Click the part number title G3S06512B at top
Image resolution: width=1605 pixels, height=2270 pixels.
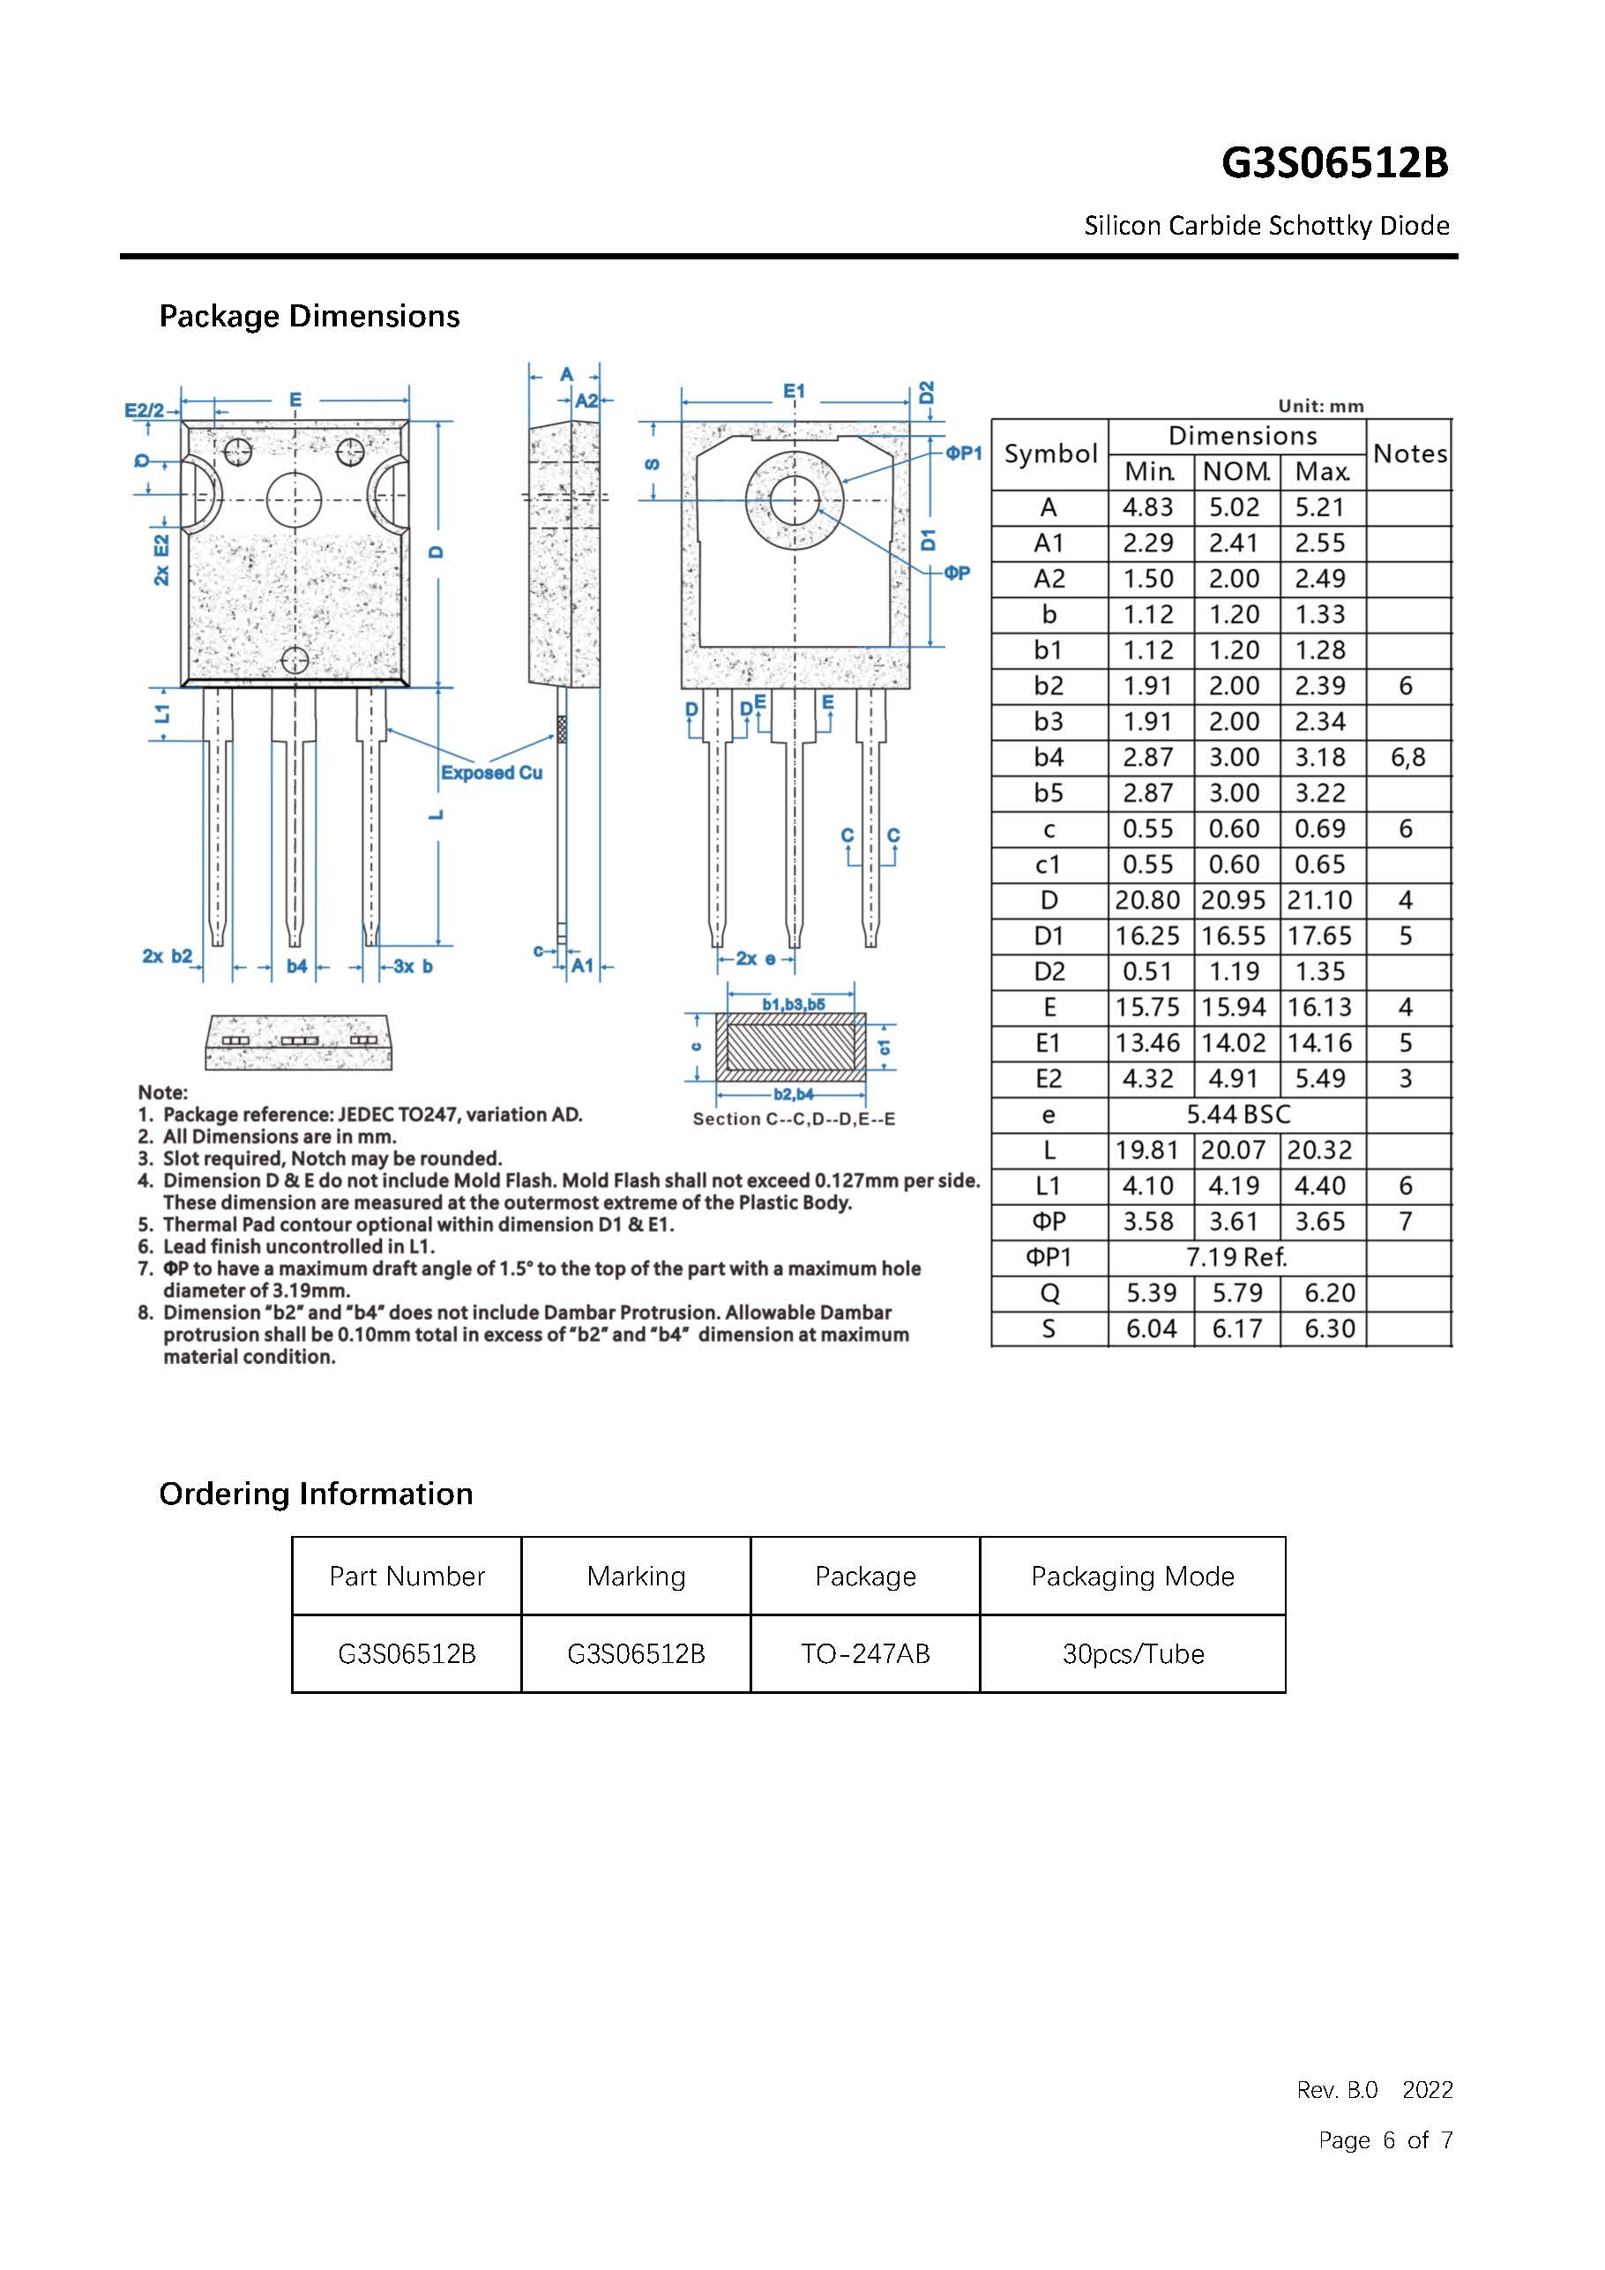(x=1334, y=163)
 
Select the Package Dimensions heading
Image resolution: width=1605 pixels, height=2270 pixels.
(x=310, y=317)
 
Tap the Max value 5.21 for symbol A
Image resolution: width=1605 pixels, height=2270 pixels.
(x=1319, y=507)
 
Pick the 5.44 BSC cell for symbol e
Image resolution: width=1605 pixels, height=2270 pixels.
(x=1237, y=1114)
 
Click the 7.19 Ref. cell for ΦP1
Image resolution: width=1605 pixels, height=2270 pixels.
(x=1237, y=1257)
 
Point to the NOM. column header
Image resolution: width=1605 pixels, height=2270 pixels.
(x=1235, y=472)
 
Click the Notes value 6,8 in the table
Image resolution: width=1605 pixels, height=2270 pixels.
(x=1407, y=757)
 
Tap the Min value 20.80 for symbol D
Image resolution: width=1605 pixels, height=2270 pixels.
(x=1147, y=901)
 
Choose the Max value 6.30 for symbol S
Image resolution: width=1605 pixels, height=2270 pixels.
(x=1328, y=1329)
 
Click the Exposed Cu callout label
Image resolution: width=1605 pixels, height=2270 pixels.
(x=491, y=772)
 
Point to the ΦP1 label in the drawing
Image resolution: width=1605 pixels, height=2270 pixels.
(x=964, y=453)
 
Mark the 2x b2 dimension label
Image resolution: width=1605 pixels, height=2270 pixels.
(x=167, y=956)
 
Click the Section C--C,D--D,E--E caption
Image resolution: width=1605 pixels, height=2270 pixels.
(x=794, y=1120)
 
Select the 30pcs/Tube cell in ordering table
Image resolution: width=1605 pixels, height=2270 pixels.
(x=1132, y=1654)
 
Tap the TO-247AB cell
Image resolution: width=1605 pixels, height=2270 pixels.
(x=865, y=1654)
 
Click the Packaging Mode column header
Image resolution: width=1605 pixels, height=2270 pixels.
(x=1132, y=1576)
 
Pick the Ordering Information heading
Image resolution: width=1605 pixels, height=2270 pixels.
(x=317, y=1494)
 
